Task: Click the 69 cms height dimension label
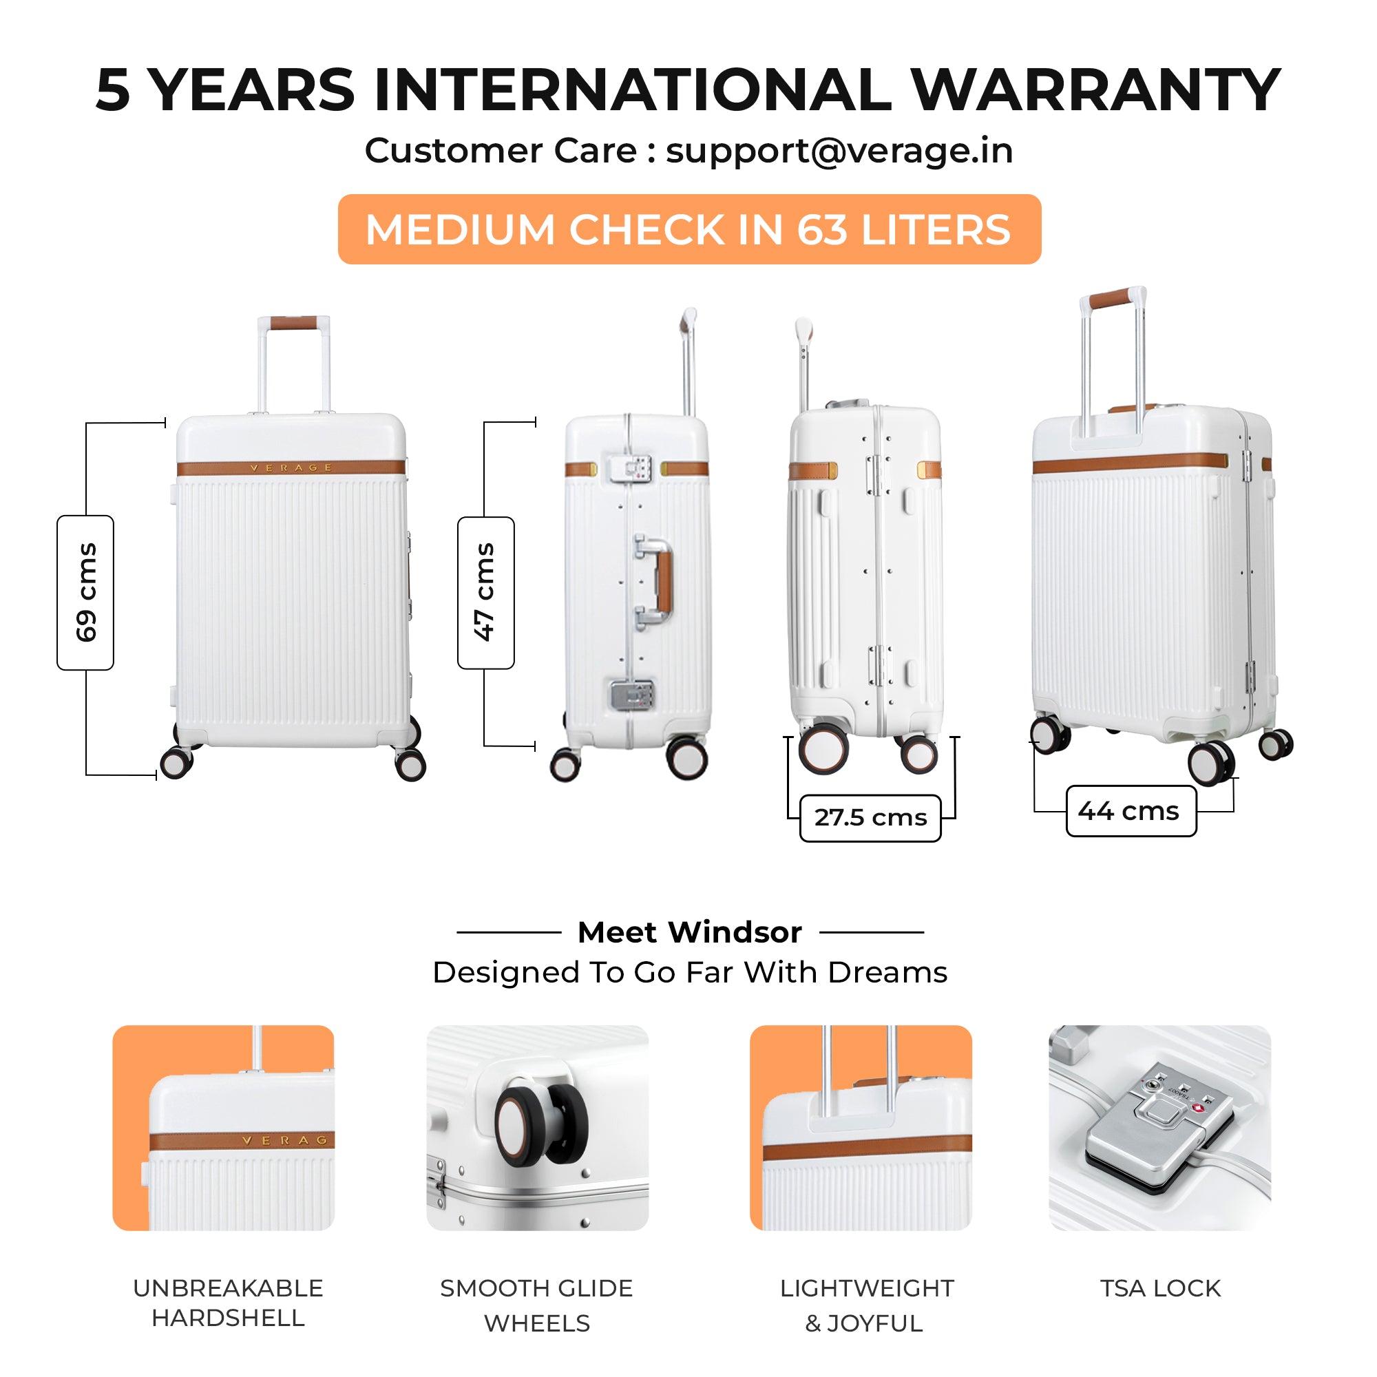(85, 592)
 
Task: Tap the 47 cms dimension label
(485, 592)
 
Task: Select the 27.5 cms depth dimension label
(870, 817)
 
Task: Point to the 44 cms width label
(1131, 811)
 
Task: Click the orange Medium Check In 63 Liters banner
(689, 229)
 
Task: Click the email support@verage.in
(839, 151)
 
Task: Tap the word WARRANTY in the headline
(1095, 90)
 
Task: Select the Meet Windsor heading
(689, 932)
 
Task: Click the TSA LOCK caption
(1160, 1289)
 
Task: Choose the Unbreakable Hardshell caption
(228, 1303)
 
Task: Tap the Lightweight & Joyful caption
(866, 1305)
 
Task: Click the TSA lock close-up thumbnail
(1159, 1128)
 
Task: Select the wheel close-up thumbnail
(538, 1128)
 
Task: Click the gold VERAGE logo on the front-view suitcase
(291, 468)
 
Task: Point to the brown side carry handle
(664, 582)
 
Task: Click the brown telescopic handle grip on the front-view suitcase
(294, 323)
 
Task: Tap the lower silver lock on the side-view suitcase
(631, 695)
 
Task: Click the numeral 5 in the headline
(114, 90)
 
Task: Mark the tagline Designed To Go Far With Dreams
(689, 972)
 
